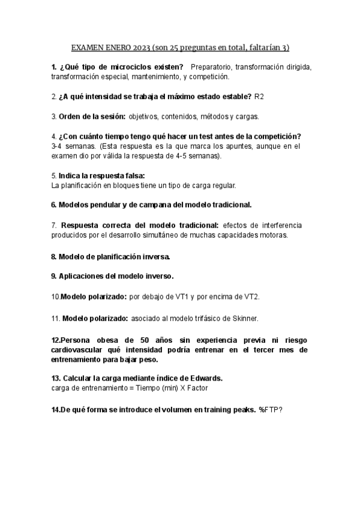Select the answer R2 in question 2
(259, 96)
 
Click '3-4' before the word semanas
(58, 146)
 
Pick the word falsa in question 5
(125, 175)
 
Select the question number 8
(53, 256)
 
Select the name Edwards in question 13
(201, 379)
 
